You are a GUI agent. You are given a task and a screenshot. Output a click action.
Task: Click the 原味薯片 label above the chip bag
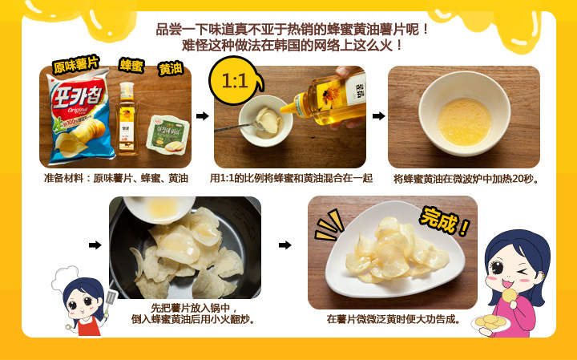pyautogui.click(x=76, y=65)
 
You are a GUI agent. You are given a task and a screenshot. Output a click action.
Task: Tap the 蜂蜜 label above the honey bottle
pyautogui.click(x=131, y=64)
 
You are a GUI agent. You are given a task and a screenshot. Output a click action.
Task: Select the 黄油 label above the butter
pyautogui.click(x=170, y=68)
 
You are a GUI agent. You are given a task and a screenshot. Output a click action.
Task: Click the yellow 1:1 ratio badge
pyautogui.click(x=234, y=82)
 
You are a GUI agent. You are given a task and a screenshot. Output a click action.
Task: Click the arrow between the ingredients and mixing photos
pyautogui.click(x=203, y=116)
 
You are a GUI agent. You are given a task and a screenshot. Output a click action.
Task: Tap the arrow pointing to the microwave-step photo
pyautogui.click(x=378, y=116)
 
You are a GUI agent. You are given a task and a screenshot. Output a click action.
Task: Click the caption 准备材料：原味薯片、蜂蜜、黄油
pyautogui.click(x=116, y=178)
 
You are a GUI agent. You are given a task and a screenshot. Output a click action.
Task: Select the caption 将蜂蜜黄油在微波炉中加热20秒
pyautogui.click(x=466, y=179)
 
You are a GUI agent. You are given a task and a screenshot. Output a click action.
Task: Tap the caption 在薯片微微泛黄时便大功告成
pyautogui.click(x=393, y=319)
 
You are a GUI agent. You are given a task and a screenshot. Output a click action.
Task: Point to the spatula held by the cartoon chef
pyautogui.click(x=110, y=299)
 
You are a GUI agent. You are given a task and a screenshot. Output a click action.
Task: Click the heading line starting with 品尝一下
pyautogui.click(x=293, y=30)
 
